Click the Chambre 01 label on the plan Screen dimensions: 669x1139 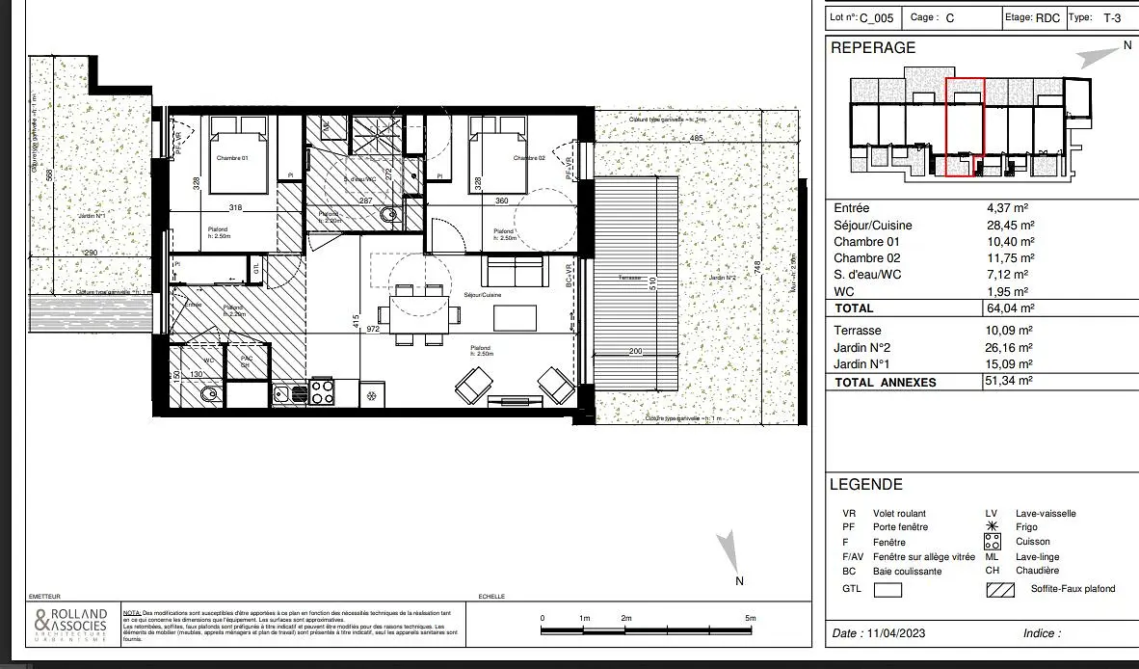[232, 158]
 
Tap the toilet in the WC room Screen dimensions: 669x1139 [210, 394]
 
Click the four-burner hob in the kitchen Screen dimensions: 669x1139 [321, 392]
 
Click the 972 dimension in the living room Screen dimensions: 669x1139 [373, 330]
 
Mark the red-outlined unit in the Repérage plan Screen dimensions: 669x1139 [965, 127]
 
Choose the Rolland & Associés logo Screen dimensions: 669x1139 [70, 626]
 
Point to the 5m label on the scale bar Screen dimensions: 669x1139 [751, 618]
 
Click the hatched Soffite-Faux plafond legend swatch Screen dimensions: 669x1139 [1000, 589]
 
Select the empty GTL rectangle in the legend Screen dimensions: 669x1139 [887, 589]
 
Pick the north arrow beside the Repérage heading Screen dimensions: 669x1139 [1093, 57]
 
